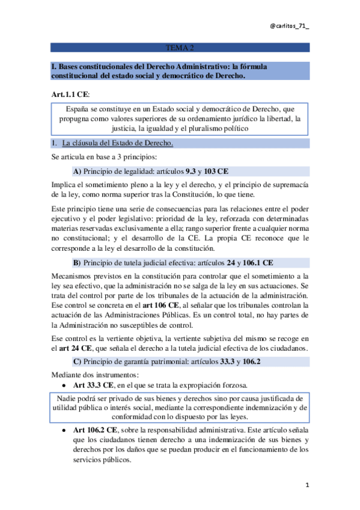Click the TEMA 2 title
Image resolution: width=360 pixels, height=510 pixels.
(179, 48)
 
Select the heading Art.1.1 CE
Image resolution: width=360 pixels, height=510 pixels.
(71, 94)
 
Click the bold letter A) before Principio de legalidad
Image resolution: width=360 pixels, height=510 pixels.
(77, 171)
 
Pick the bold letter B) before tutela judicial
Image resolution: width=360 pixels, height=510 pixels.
(77, 262)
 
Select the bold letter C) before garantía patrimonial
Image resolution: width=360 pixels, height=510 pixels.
(77, 361)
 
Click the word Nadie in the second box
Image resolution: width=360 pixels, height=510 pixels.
(68, 398)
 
